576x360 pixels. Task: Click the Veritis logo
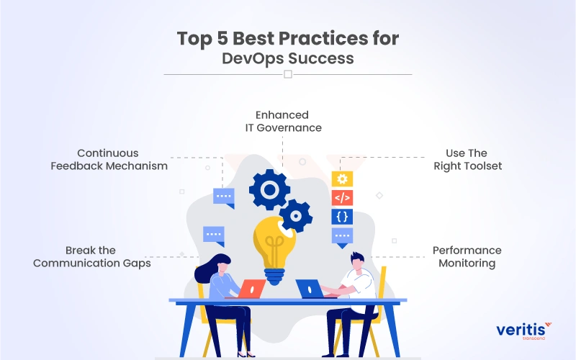(x=523, y=331)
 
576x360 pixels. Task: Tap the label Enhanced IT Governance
(x=282, y=121)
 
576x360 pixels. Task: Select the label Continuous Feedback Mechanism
(x=109, y=159)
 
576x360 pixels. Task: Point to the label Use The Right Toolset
(x=467, y=159)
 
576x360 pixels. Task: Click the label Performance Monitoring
(x=467, y=256)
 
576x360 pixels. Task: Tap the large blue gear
(x=269, y=189)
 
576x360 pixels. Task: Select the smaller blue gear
(x=296, y=215)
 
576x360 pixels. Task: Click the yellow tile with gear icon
(x=342, y=179)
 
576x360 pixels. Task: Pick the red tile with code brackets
(x=342, y=197)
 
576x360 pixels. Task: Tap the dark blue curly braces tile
(x=342, y=216)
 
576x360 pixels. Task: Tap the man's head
(x=356, y=260)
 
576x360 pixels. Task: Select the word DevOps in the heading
(x=256, y=58)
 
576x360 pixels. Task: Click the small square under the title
(x=288, y=74)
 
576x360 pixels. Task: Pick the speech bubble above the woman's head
(x=214, y=235)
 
